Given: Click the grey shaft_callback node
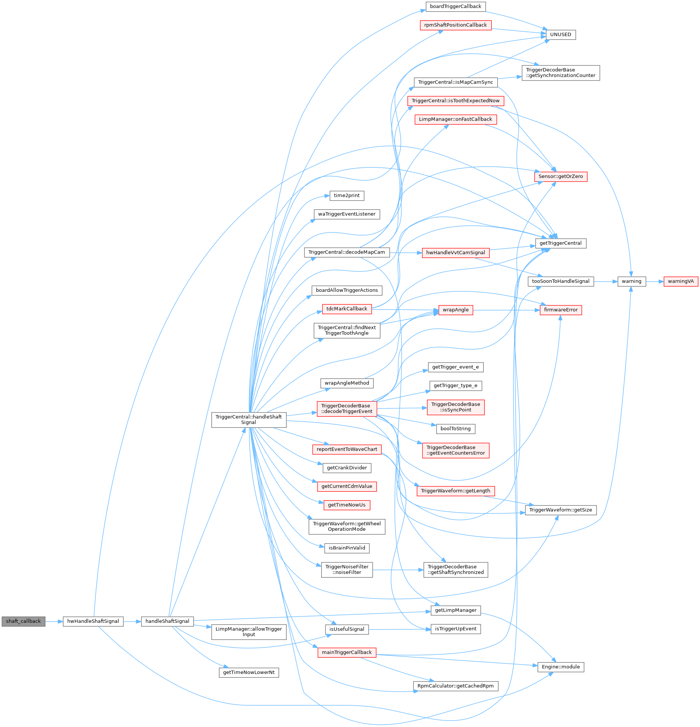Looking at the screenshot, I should point(23,621).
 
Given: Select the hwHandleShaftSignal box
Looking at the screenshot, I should point(93,621).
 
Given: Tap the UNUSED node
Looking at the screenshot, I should point(560,35).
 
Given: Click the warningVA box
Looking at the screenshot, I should point(681,281).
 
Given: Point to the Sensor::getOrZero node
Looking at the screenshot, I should point(560,176).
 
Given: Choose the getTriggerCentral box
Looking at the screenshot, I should point(560,243).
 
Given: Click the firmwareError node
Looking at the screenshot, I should point(560,310).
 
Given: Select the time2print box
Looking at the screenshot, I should point(346,196).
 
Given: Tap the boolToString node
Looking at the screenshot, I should point(456,429).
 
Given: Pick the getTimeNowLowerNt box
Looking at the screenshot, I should point(249,672).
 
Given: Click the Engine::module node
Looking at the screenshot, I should point(560,667).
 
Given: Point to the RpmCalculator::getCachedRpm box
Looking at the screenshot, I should point(456,686).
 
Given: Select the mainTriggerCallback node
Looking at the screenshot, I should point(346,653).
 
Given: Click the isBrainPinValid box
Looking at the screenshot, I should point(346,548).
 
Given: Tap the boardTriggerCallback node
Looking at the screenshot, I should point(456,6).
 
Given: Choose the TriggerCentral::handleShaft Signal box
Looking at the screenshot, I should point(249,420).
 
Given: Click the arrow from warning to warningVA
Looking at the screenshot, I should point(654,281).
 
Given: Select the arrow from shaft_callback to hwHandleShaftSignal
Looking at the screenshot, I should point(54,621).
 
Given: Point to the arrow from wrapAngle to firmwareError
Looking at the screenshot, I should point(506,310).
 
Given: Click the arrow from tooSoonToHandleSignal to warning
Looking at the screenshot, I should point(606,281).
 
